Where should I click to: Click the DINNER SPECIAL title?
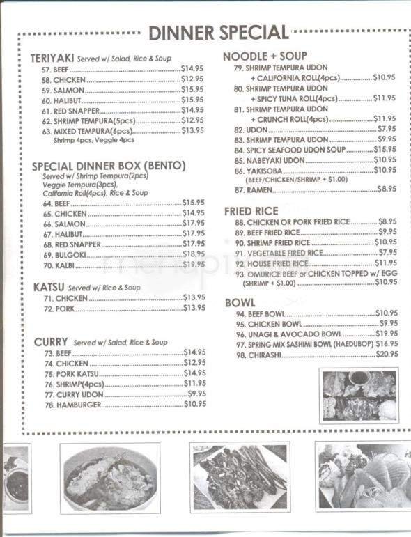click(x=219, y=32)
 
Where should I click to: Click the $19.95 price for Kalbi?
click(x=194, y=265)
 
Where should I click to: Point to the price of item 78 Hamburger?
click(x=195, y=404)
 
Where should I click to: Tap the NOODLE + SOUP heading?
click(x=265, y=56)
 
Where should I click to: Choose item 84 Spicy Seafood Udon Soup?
click(x=300, y=150)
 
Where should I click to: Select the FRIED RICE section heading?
click(x=251, y=210)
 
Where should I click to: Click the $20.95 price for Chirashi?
click(x=387, y=355)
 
